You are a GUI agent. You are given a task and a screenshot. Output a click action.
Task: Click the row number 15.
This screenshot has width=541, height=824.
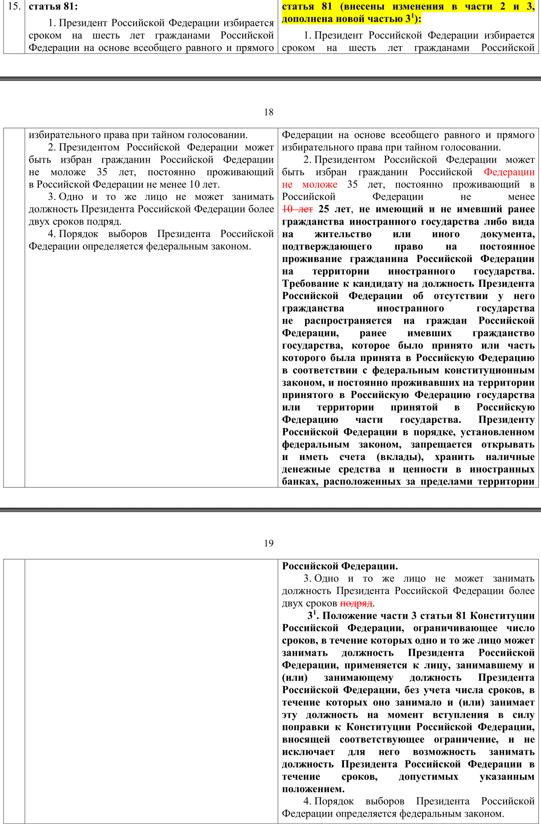(14, 6)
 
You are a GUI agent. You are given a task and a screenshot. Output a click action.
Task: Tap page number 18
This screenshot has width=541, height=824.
(269, 112)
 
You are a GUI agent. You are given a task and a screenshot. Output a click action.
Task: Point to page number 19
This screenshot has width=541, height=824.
(269, 543)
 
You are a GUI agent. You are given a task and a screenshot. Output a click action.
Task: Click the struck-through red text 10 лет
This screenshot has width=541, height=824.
(297, 209)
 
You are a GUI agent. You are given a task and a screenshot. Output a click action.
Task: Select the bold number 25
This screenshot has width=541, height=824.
(324, 209)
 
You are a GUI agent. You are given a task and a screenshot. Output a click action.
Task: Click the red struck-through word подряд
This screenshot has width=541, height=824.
(356, 603)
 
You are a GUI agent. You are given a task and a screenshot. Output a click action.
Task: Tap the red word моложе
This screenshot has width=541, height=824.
(320, 184)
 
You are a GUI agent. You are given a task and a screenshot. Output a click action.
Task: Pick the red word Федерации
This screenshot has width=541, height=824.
(509, 172)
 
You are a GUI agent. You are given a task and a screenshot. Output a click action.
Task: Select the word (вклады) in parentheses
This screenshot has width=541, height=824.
(400, 457)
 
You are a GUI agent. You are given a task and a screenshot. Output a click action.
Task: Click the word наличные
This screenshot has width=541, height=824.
(510, 457)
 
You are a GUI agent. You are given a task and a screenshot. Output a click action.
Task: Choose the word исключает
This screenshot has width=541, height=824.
(308, 752)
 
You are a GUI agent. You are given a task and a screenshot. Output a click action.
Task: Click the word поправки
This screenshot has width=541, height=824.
(306, 727)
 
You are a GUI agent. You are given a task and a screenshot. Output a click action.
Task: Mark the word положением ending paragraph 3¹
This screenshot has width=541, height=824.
(312, 789)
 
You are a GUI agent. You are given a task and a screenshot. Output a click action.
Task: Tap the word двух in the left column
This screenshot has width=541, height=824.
(40, 222)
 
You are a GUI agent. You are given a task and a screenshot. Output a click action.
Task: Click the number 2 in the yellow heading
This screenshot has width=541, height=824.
(503, 6)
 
